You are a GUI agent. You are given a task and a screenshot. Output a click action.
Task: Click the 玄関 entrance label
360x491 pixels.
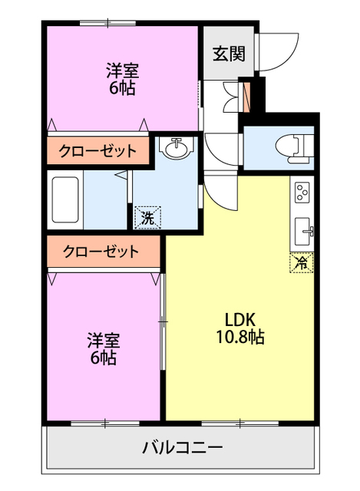coord(229,54)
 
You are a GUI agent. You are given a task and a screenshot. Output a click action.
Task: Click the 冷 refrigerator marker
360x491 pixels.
coord(302,262)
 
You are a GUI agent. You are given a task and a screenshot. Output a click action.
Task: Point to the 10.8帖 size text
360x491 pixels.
coord(239,337)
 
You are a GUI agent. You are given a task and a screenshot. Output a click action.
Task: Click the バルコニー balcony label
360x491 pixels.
coord(182,447)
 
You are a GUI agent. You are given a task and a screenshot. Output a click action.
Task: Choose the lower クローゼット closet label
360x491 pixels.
coord(101,251)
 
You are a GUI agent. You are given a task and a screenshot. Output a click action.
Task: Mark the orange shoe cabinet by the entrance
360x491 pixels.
coord(246,96)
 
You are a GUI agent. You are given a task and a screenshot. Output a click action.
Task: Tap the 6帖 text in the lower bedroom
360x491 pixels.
coord(103,358)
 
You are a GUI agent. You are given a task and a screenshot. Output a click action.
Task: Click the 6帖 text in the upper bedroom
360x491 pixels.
coord(122,89)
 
